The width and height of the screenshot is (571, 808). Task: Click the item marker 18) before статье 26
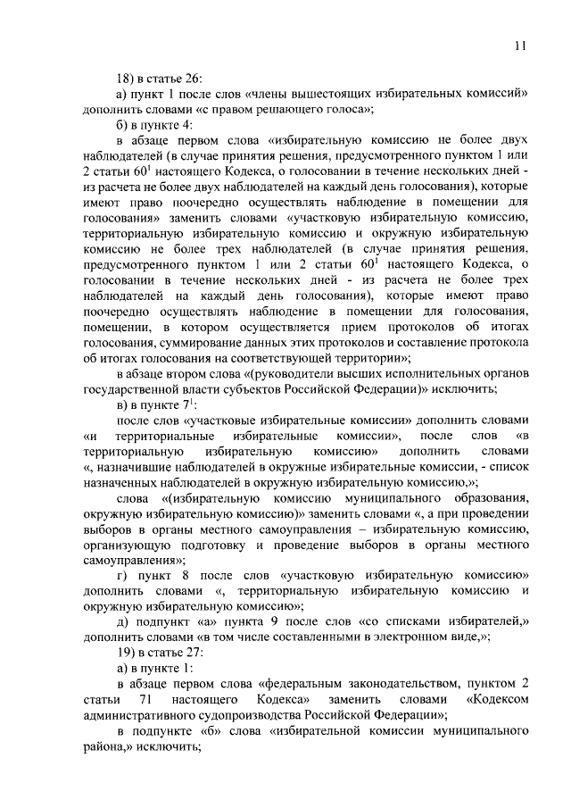[130, 78]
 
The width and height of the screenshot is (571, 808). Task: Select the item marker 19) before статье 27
[130, 651]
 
